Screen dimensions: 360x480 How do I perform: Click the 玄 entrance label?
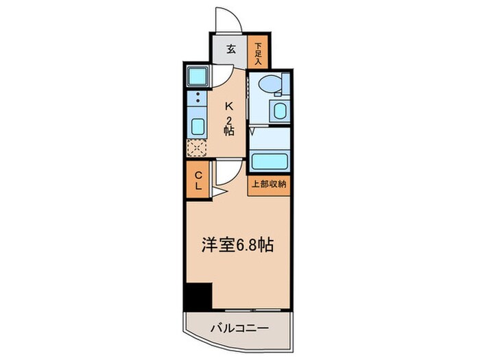pos(231,49)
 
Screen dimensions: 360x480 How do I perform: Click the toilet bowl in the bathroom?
pos(272,84)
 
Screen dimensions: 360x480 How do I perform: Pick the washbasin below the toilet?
pos(280,111)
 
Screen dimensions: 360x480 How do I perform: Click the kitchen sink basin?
pos(197,126)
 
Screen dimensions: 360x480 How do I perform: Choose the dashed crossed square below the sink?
pos(197,147)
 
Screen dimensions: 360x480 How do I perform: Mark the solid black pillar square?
pos(197,296)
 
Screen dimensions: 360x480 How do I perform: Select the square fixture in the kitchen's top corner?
pos(197,75)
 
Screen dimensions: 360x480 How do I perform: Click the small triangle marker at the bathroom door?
pos(252,130)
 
